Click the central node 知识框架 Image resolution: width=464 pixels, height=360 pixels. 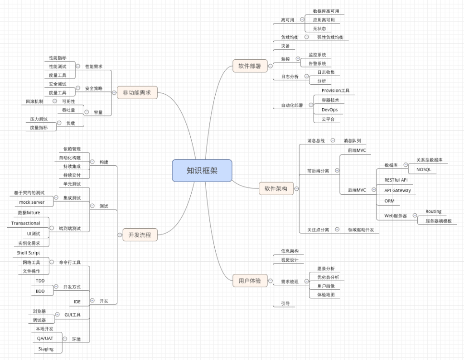click(x=202, y=171)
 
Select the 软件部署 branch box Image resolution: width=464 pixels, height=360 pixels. click(x=250, y=66)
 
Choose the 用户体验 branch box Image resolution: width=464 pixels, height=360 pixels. click(x=250, y=281)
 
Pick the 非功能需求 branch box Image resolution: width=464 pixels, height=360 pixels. click(x=137, y=93)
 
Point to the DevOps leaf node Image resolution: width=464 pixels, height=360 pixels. click(x=329, y=110)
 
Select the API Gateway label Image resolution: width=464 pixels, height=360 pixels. click(x=397, y=190)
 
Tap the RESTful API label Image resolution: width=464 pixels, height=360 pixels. click(x=396, y=180)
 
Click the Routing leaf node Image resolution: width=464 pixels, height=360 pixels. click(x=433, y=211)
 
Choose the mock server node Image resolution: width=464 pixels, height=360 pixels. click(x=32, y=202)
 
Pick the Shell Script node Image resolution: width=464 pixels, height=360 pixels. click(x=29, y=253)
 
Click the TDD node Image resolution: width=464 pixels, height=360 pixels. click(x=40, y=281)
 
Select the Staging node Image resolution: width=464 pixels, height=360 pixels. click(x=46, y=349)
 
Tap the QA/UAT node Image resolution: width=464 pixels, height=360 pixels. click(x=45, y=338)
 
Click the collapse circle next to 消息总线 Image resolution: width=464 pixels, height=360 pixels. click(x=333, y=141)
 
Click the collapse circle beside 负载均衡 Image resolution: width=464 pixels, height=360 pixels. click(x=307, y=37)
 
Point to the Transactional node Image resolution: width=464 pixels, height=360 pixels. click(x=26, y=223)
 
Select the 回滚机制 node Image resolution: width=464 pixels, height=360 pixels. click(x=34, y=101)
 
